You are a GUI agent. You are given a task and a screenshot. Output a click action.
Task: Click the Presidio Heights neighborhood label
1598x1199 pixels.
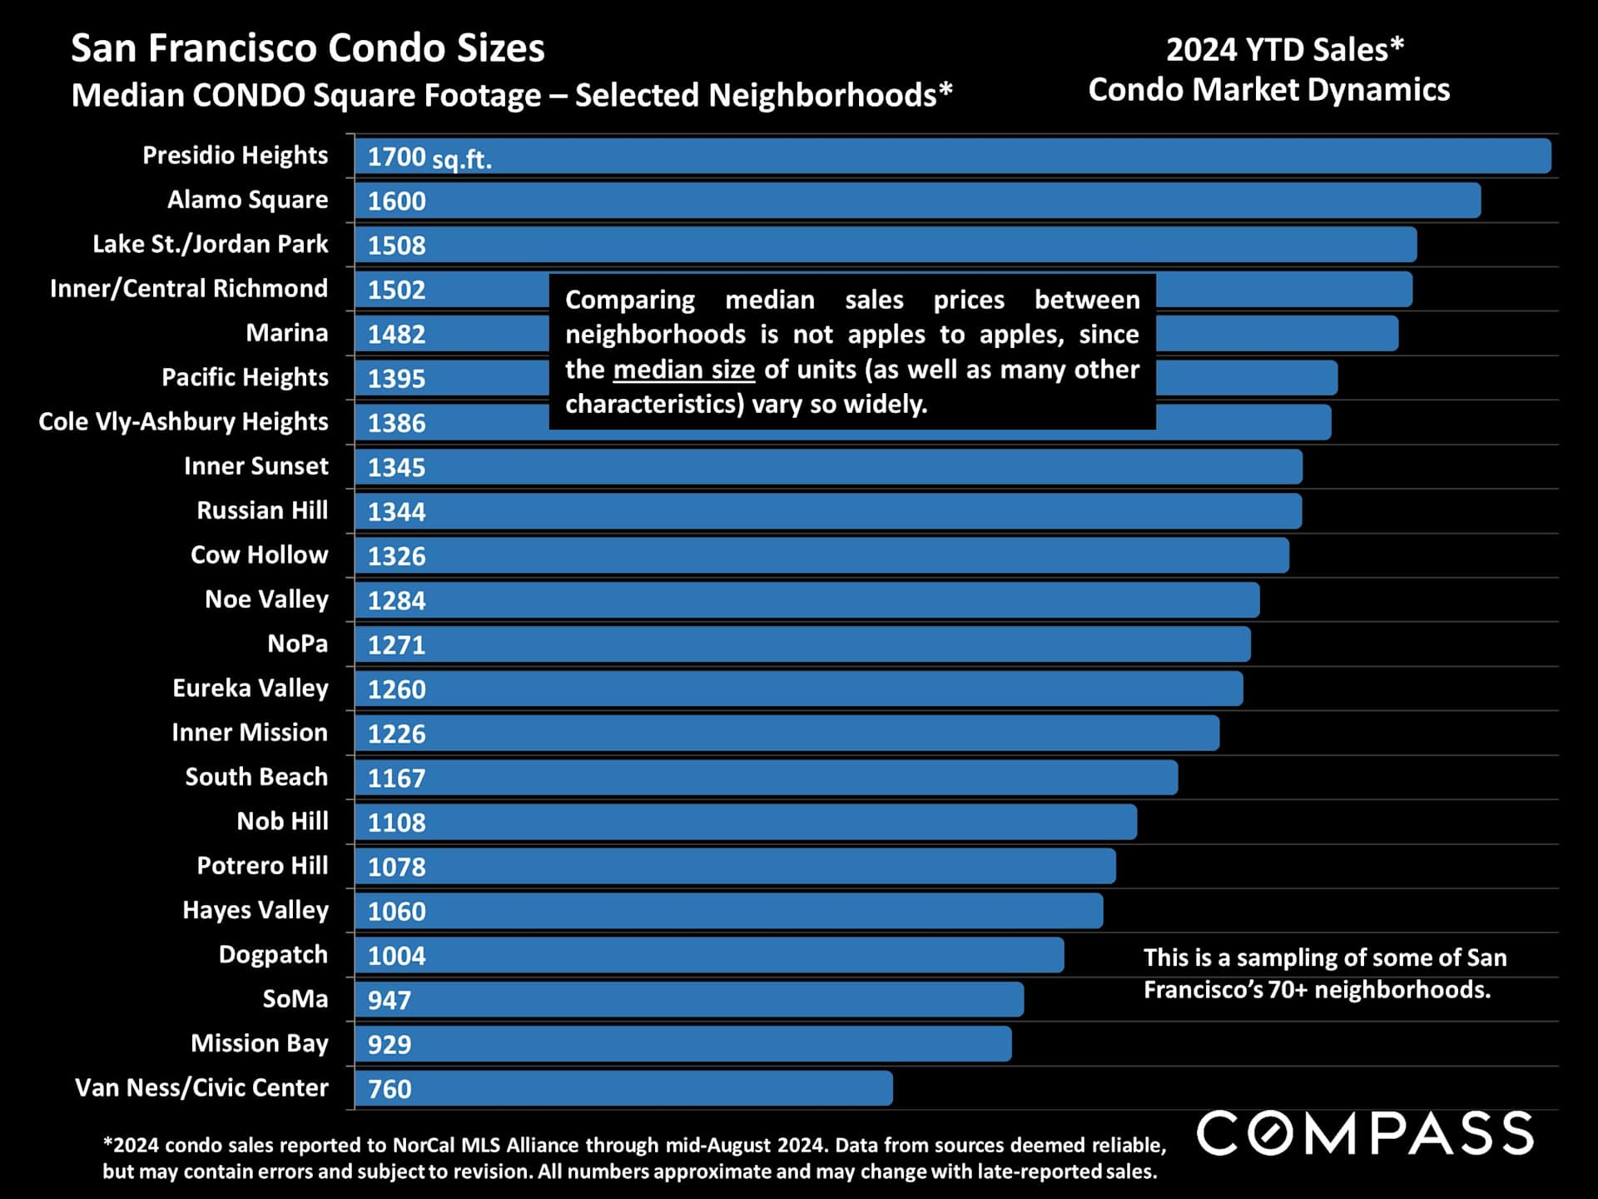tap(235, 156)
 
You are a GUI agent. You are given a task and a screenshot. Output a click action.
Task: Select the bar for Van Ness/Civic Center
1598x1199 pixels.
tap(624, 1088)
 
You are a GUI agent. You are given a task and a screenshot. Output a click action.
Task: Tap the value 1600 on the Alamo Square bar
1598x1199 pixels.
tap(396, 201)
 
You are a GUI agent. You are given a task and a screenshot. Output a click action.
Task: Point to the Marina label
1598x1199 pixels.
tap(286, 333)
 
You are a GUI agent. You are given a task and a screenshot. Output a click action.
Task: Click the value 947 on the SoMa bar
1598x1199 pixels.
tap(390, 1000)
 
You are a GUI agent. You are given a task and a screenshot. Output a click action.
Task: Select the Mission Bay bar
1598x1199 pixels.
tap(682, 1044)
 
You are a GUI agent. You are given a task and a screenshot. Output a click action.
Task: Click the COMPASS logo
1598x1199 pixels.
tap(1364, 1134)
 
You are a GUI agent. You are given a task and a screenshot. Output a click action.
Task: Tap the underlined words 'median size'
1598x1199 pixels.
tap(683, 370)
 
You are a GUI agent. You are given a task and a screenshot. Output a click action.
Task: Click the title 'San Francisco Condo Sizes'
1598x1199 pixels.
tap(307, 48)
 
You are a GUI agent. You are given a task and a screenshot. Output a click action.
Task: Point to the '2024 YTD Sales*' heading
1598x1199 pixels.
tap(1284, 50)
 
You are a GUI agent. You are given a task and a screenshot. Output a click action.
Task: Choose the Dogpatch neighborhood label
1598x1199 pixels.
tap(273, 955)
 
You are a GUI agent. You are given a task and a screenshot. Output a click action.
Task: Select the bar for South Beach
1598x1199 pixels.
tap(766, 778)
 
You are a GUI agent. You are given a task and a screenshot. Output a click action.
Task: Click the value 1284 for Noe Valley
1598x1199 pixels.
tap(396, 600)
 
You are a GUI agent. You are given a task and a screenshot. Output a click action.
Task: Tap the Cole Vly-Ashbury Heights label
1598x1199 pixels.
tap(183, 422)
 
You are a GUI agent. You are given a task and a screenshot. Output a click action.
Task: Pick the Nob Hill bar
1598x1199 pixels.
tap(746, 823)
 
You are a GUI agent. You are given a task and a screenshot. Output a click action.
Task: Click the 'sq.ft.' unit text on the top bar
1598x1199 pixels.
tap(462, 159)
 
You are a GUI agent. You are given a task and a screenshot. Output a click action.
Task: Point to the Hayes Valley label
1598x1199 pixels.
tap(255, 910)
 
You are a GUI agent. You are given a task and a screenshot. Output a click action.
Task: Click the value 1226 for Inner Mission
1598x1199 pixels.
tap(396, 734)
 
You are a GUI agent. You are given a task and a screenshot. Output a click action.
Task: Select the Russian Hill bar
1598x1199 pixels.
tap(828, 511)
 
